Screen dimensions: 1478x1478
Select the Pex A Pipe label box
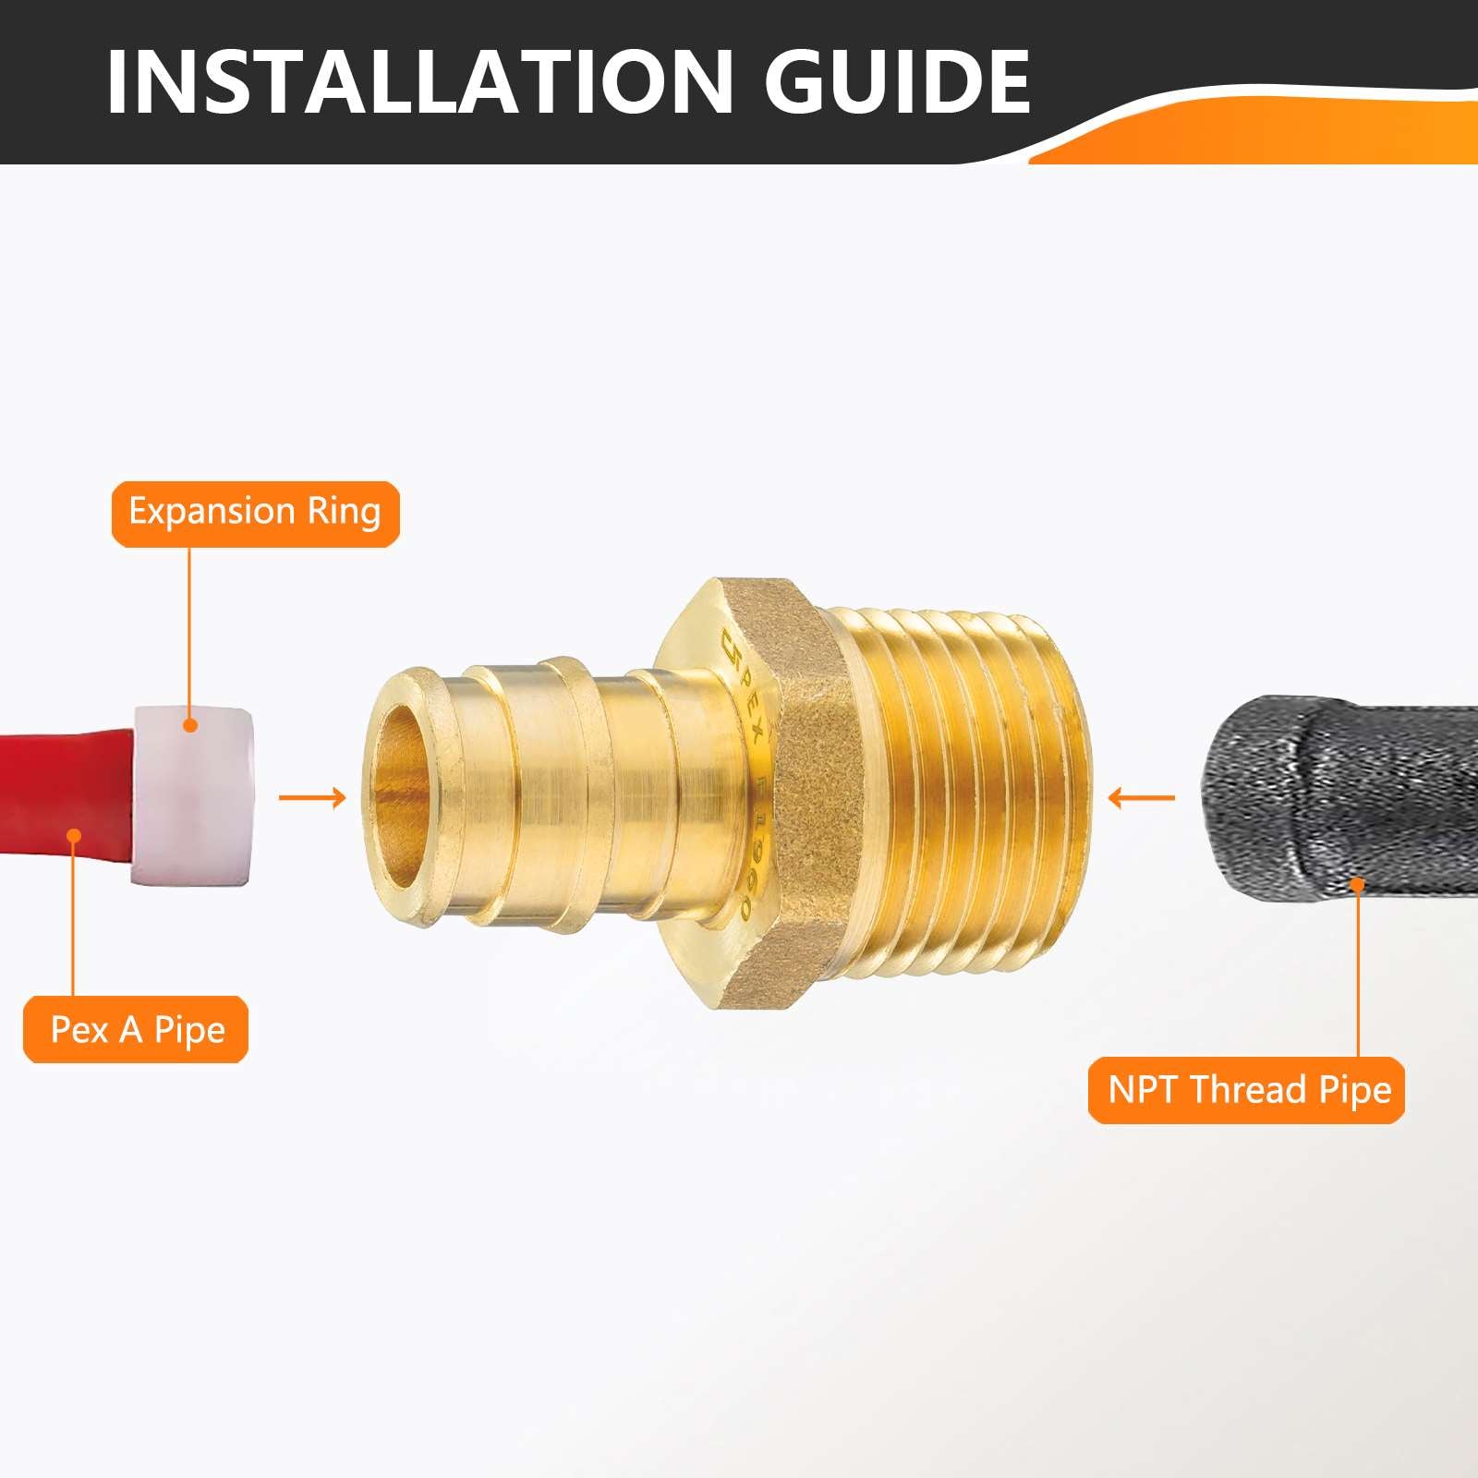pos(136,1029)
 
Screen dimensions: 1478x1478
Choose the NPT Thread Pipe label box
pos(1246,1090)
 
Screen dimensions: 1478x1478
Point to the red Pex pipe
pos(55,804)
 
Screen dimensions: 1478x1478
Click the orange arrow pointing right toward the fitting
pos(311,797)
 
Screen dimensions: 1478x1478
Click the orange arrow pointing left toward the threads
pos(1142,797)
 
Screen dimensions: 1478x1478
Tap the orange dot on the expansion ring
pos(190,725)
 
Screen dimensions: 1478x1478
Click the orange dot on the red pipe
pos(74,836)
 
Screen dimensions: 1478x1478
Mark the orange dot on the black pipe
pos(1357,884)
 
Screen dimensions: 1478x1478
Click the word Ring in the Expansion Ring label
pos(344,513)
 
